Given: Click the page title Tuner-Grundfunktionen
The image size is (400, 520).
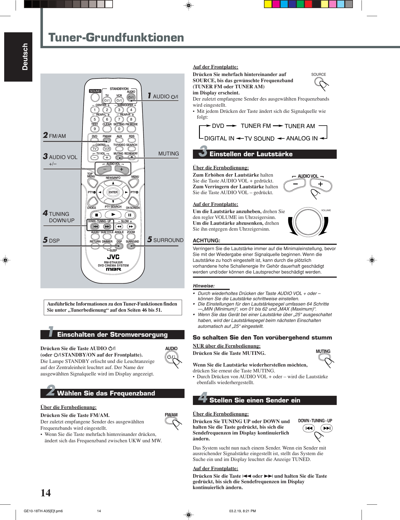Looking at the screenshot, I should pos(116,38).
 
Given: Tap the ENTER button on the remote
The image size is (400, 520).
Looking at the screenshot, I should pos(113,192).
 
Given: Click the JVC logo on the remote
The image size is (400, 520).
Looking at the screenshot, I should pos(113,257).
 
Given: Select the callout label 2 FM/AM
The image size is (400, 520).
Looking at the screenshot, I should pos(55,136).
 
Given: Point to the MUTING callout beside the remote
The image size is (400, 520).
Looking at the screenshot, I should pos(168,153).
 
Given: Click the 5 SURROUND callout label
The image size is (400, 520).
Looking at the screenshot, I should pos(165,240).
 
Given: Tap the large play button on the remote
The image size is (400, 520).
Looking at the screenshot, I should pos(113,214).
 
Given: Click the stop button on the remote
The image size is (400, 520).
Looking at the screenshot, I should pos(96,215).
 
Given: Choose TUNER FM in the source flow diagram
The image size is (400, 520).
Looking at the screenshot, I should pos(256,126).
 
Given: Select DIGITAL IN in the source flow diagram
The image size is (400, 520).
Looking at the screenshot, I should pos(219,138).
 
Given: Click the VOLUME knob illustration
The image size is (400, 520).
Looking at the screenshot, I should pos(308,222).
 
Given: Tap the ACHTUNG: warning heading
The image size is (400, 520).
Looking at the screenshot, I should pos(206,240).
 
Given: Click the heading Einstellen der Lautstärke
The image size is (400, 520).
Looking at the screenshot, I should pos(251,154).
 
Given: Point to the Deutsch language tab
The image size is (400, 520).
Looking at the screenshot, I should pos(25,57).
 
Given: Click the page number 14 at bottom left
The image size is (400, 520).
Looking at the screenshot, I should pos(46,493).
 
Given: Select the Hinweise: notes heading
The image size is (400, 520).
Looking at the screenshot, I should pos(204,286).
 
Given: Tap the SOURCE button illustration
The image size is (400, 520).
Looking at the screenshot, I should pos(319,82).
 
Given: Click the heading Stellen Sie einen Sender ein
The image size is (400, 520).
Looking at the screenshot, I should pos(255,400).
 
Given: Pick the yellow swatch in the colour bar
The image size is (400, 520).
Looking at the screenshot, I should pos(268,4).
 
